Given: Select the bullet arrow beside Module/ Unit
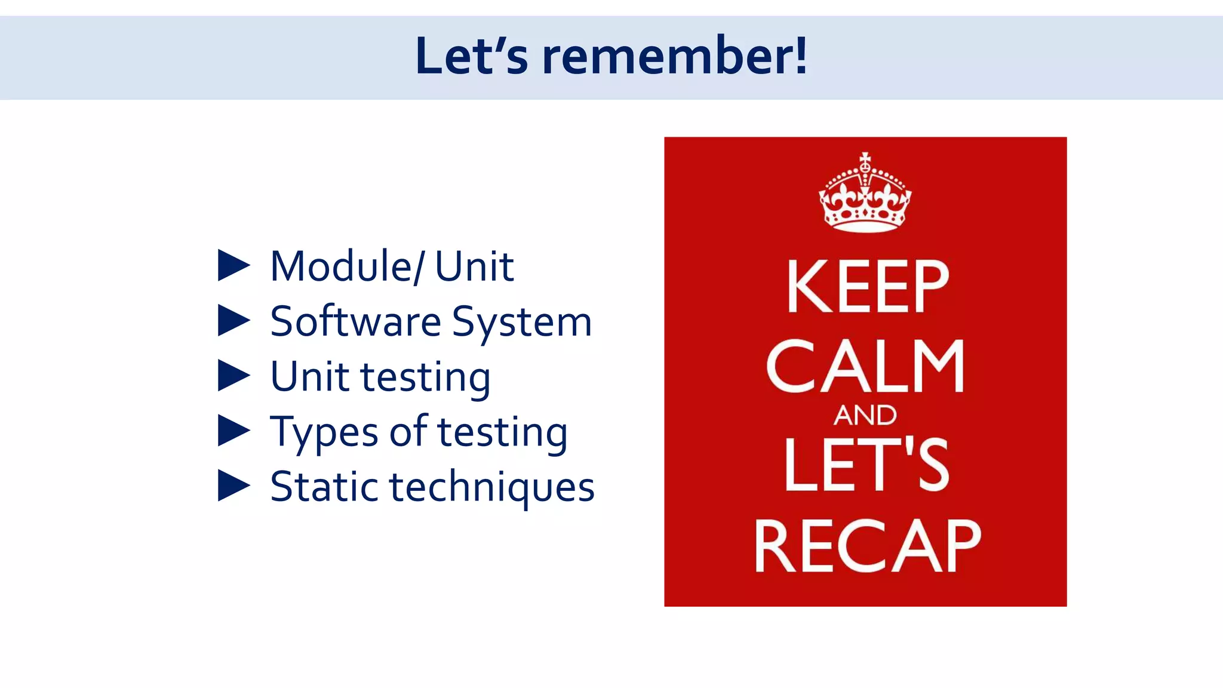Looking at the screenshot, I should pyautogui.click(x=233, y=266).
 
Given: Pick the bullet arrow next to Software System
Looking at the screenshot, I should pyautogui.click(x=233, y=321).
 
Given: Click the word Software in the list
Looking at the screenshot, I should pyautogui.click(x=355, y=321).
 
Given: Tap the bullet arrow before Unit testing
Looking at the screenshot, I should pyautogui.click(x=233, y=376).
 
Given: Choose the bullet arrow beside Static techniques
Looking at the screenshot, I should pyautogui.click(x=233, y=486).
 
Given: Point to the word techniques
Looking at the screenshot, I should pyautogui.click(x=492, y=487).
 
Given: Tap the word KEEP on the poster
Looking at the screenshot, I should pyautogui.click(x=867, y=287).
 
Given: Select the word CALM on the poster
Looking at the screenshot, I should pyautogui.click(x=865, y=366).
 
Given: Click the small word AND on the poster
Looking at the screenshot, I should pyautogui.click(x=865, y=415).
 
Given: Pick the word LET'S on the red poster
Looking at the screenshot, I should pyautogui.click(x=866, y=465).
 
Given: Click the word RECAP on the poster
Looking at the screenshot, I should pyautogui.click(x=867, y=546).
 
